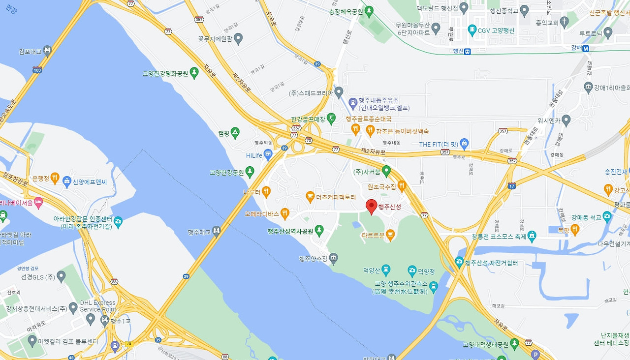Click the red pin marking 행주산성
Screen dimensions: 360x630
point(372,206)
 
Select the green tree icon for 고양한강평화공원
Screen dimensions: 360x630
point(194,73)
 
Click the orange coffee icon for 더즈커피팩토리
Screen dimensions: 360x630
point(310,197)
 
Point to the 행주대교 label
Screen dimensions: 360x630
point(199,232)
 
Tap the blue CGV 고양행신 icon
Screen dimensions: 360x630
point(472,30)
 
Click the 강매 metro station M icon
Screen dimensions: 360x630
point(586,48)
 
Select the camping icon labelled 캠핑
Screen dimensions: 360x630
point(235,133)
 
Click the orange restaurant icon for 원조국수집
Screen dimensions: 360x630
point(402,186)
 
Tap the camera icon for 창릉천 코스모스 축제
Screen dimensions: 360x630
point(532,236)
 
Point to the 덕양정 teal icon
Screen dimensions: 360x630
point(412,270)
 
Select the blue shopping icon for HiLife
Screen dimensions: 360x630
point(268,155)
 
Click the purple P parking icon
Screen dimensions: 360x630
point(535,354)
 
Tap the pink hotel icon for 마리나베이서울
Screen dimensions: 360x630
point(38,202)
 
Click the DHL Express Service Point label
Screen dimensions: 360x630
point(98,306)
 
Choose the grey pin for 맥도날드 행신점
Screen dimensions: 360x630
point(464,8)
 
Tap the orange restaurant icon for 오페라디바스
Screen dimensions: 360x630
point(284,213)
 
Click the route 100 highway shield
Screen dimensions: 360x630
point(37,70)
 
